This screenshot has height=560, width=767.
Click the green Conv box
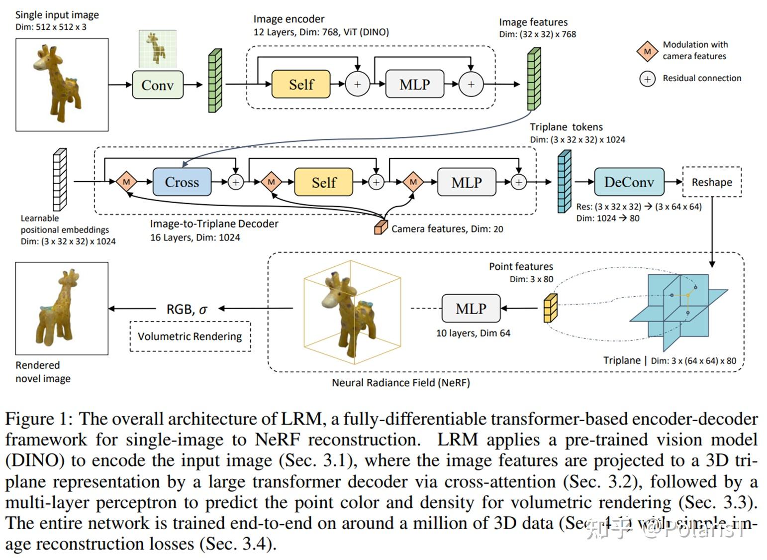click(157, 85)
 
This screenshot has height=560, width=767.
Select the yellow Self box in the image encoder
click(301, 84)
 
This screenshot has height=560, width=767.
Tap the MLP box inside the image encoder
click(414, 84)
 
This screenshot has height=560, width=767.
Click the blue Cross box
click(182, 182)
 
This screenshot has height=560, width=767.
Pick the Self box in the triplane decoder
click(324, 182)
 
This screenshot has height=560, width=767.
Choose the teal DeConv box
click(629, 182)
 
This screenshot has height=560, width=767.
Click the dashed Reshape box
click(712, 182)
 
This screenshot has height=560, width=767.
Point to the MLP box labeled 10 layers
click(471, 309)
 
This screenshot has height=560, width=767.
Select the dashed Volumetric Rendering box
click(190, 336)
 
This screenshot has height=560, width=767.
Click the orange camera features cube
click(381, 227)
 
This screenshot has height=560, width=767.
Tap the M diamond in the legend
click(647, 51)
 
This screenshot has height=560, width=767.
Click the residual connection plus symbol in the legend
click(647, 79)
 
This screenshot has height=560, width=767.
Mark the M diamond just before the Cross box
click(126, 182)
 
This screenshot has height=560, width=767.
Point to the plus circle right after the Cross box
click(236, 182)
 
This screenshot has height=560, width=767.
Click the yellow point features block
click(550, 309)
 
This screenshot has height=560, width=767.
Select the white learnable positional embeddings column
click(60, 180)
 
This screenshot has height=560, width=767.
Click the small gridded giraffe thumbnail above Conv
click(157, 49)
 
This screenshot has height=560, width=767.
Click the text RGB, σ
click(187, 309)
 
